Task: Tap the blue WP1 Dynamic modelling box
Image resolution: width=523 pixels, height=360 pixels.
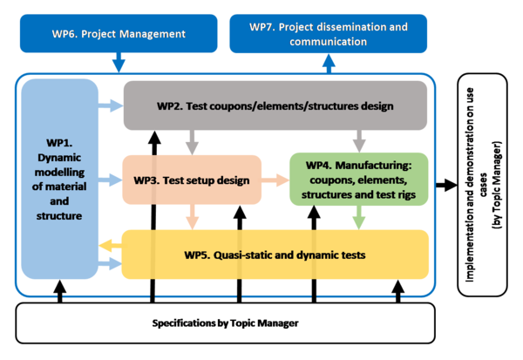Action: pyautogui.click(x=58, y=180)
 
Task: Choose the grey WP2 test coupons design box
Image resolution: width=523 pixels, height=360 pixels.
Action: pyautogui.click(x=275, y=106)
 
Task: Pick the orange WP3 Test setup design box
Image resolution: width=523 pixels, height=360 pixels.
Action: pyautogui.click(x=192, y=180)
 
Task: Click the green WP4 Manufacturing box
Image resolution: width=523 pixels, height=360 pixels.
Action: pyautogui.click(x=358, y=180)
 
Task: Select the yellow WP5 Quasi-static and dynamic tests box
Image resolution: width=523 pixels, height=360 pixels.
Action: pyautogui.click(x=275, y=255)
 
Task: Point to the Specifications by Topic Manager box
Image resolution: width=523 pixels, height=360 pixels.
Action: pyautogui.click(x=227, y=323)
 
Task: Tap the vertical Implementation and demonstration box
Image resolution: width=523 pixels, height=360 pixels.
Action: pyautogui.click(x=484, y=183)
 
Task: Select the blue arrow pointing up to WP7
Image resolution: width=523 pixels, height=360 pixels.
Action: pyautogui.click(x=329, y=63)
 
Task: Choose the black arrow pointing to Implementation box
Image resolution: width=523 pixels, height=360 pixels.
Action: pyautogui.click(x=446, y=184)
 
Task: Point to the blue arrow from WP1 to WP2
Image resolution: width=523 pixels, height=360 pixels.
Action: pyautogui.click(x=111, y=106)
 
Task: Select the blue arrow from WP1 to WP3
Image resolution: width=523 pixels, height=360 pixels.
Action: pyautogui.click(x=111, y=180)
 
